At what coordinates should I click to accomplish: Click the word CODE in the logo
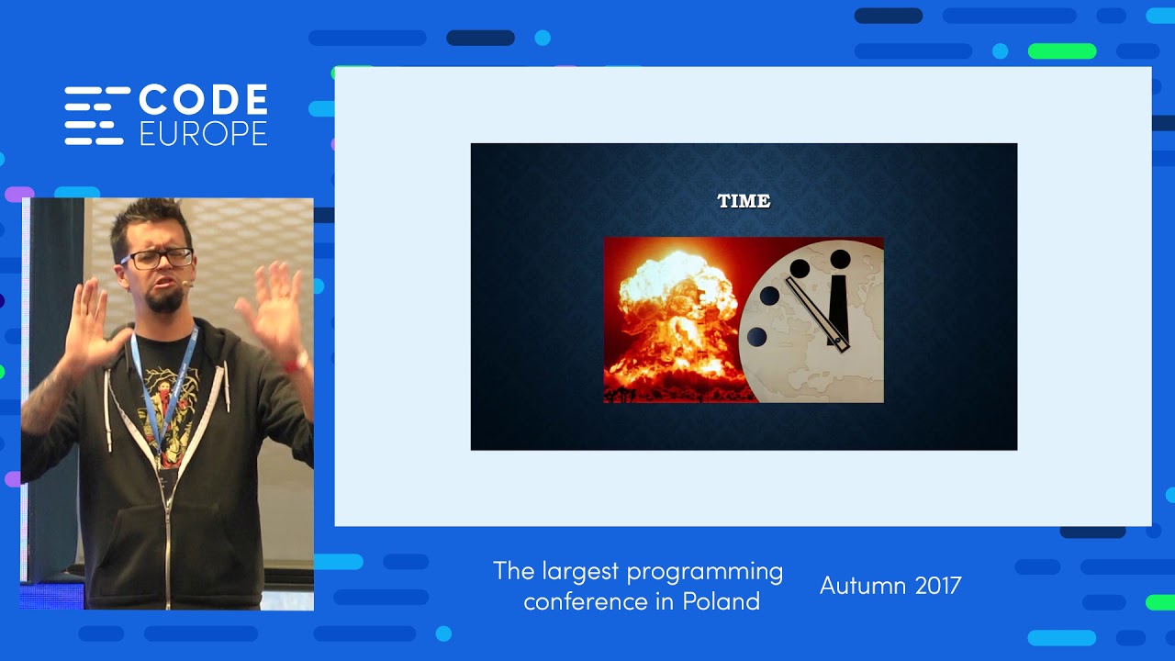click(x=203, y=99)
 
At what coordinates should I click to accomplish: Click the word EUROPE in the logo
click(x=203, y=133)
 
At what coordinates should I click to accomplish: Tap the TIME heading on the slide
click(x=744, y=201)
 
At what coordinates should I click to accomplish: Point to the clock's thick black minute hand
click(x=838, y=303)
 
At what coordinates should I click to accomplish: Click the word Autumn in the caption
click(x=857, y=586)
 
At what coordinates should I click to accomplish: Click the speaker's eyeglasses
click(x=157, y=258)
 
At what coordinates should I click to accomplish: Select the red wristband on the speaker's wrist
click(x=297, y=361)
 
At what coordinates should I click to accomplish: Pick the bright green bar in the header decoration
click(x=1062, y=51)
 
